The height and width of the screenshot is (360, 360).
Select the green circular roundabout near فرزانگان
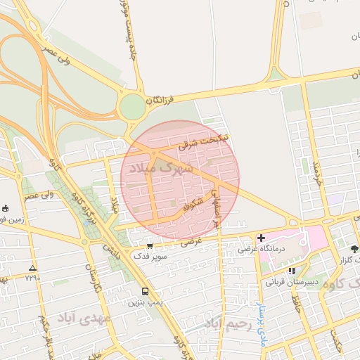pyautogui.click(x=131, y=108)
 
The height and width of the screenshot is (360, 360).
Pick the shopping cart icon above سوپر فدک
pyautogui.click(x=151, y=245)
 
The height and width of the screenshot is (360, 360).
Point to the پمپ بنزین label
pyautogui.click(x=145, y=302)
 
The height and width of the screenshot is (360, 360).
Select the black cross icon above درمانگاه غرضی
pyautogui.click(x=261, y=238)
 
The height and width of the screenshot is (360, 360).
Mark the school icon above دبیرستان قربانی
pyautogui.click(x=292, y=271)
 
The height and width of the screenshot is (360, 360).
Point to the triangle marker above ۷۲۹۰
pyautogui.click(x=32, y=268)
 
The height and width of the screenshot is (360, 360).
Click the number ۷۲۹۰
pyautogui.click(x=32, y=278)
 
